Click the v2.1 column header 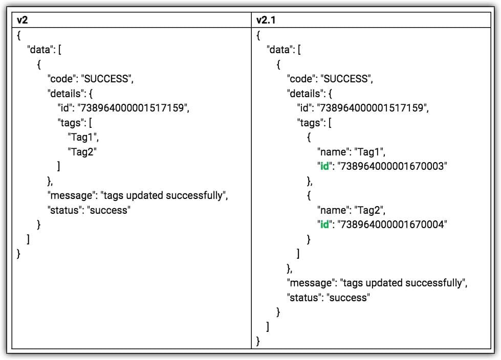267,20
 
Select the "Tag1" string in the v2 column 82,137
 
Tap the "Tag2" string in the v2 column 82,151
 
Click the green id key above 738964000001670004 324,224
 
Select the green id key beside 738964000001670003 324,166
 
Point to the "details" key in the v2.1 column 305,94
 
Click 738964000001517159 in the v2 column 137,108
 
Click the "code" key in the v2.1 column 301,79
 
